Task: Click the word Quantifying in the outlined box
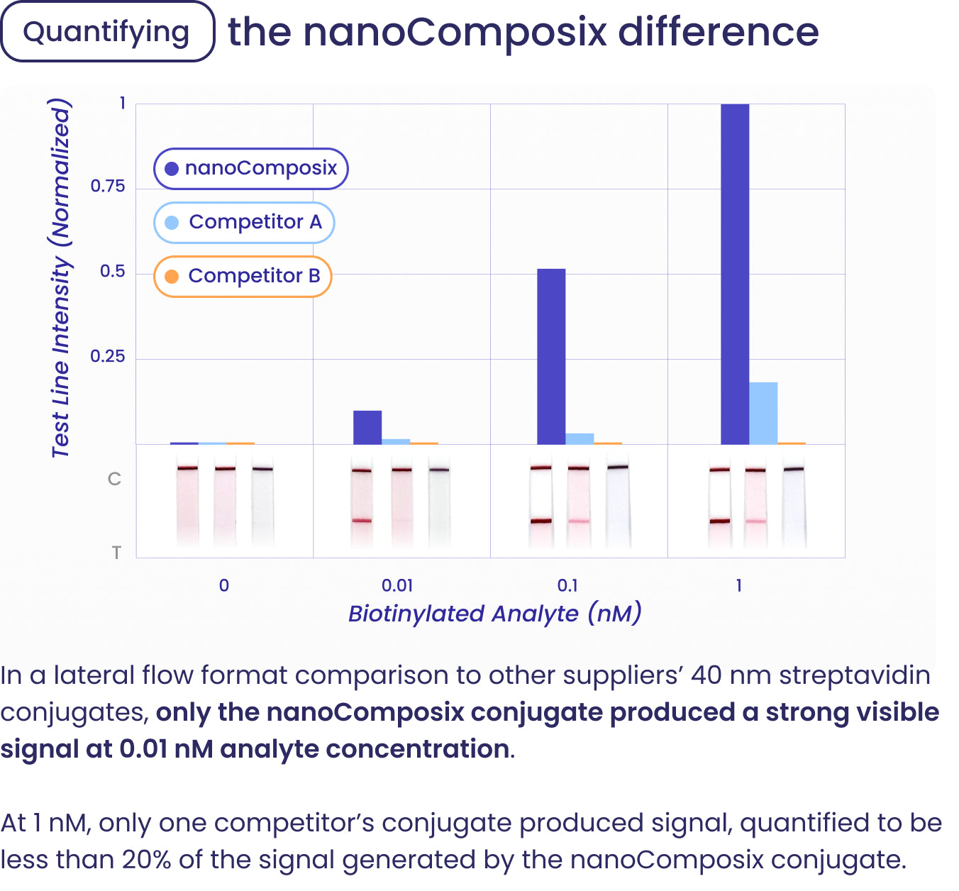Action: (106, 32)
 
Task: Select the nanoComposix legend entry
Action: (251, 168)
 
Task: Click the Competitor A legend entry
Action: (245, 222)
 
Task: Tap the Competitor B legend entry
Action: (243, 276)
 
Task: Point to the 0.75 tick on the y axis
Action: (108, 187)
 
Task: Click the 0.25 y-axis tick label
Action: (108, 356)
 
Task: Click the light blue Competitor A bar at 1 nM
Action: (763, 414)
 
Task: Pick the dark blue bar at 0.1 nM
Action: (551, 356)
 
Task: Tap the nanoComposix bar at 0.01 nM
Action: (367, 428)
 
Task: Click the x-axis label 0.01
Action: (397, 586)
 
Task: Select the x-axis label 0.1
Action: (567, 586)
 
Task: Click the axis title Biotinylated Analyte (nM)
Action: (495, 614)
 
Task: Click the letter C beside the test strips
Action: (114, 480)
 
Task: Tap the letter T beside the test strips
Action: (116, 553)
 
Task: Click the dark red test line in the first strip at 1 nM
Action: (719, 521)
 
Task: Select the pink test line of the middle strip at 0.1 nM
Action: (579, 521)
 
